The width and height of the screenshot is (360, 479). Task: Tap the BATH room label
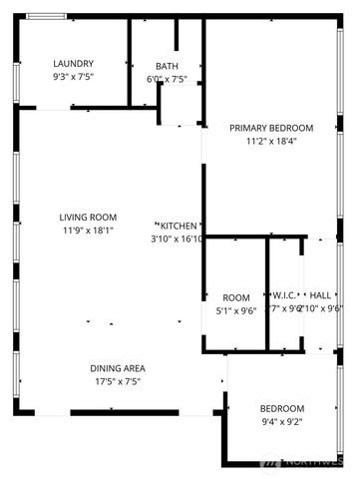tap(167, 66)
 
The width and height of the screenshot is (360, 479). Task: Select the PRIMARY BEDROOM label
tap(271, 128)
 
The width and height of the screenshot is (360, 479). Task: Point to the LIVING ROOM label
tap(89, 217)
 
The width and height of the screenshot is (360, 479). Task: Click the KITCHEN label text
tap(180, 226)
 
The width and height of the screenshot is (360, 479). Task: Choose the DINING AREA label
tap(119, 368)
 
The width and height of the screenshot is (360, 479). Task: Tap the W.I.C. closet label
tap(283, 296)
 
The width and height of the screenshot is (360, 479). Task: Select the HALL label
tap(320, 296)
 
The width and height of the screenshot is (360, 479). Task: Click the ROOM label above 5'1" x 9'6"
tap(236, 297)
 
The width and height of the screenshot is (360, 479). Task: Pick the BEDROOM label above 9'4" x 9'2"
tap(282, 409)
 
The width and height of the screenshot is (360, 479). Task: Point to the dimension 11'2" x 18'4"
tap(271, 141)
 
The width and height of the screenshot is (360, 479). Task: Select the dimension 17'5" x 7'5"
tap(119, 381)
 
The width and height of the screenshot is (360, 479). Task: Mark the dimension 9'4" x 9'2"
tap(282, 422)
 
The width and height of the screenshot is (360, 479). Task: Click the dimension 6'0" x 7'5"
tap(167, 79)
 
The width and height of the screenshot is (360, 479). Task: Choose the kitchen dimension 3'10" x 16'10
tap(178, 239)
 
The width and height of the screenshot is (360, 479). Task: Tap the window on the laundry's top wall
tap(46, 16)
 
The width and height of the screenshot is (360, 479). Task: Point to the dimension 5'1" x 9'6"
tap(236, 310)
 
